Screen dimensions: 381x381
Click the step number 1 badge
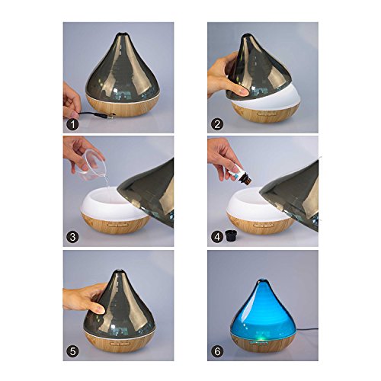[x=72, y=124]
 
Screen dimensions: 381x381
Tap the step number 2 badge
[x=217, y=124]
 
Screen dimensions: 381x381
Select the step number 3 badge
[x=72, y=237]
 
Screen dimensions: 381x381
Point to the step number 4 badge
[x=217, y=237]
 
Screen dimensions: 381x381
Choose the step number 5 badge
[x=72, y=351]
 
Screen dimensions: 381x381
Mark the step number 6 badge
[x=217, y=351]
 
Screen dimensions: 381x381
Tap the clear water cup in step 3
[x=91, y=165]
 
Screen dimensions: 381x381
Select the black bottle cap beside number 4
[x=231, y=235]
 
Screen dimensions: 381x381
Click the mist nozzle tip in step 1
[x=122, y=34]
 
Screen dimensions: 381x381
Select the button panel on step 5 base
[x=120, y=344]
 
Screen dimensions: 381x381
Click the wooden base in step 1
[x=123, y=106]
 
